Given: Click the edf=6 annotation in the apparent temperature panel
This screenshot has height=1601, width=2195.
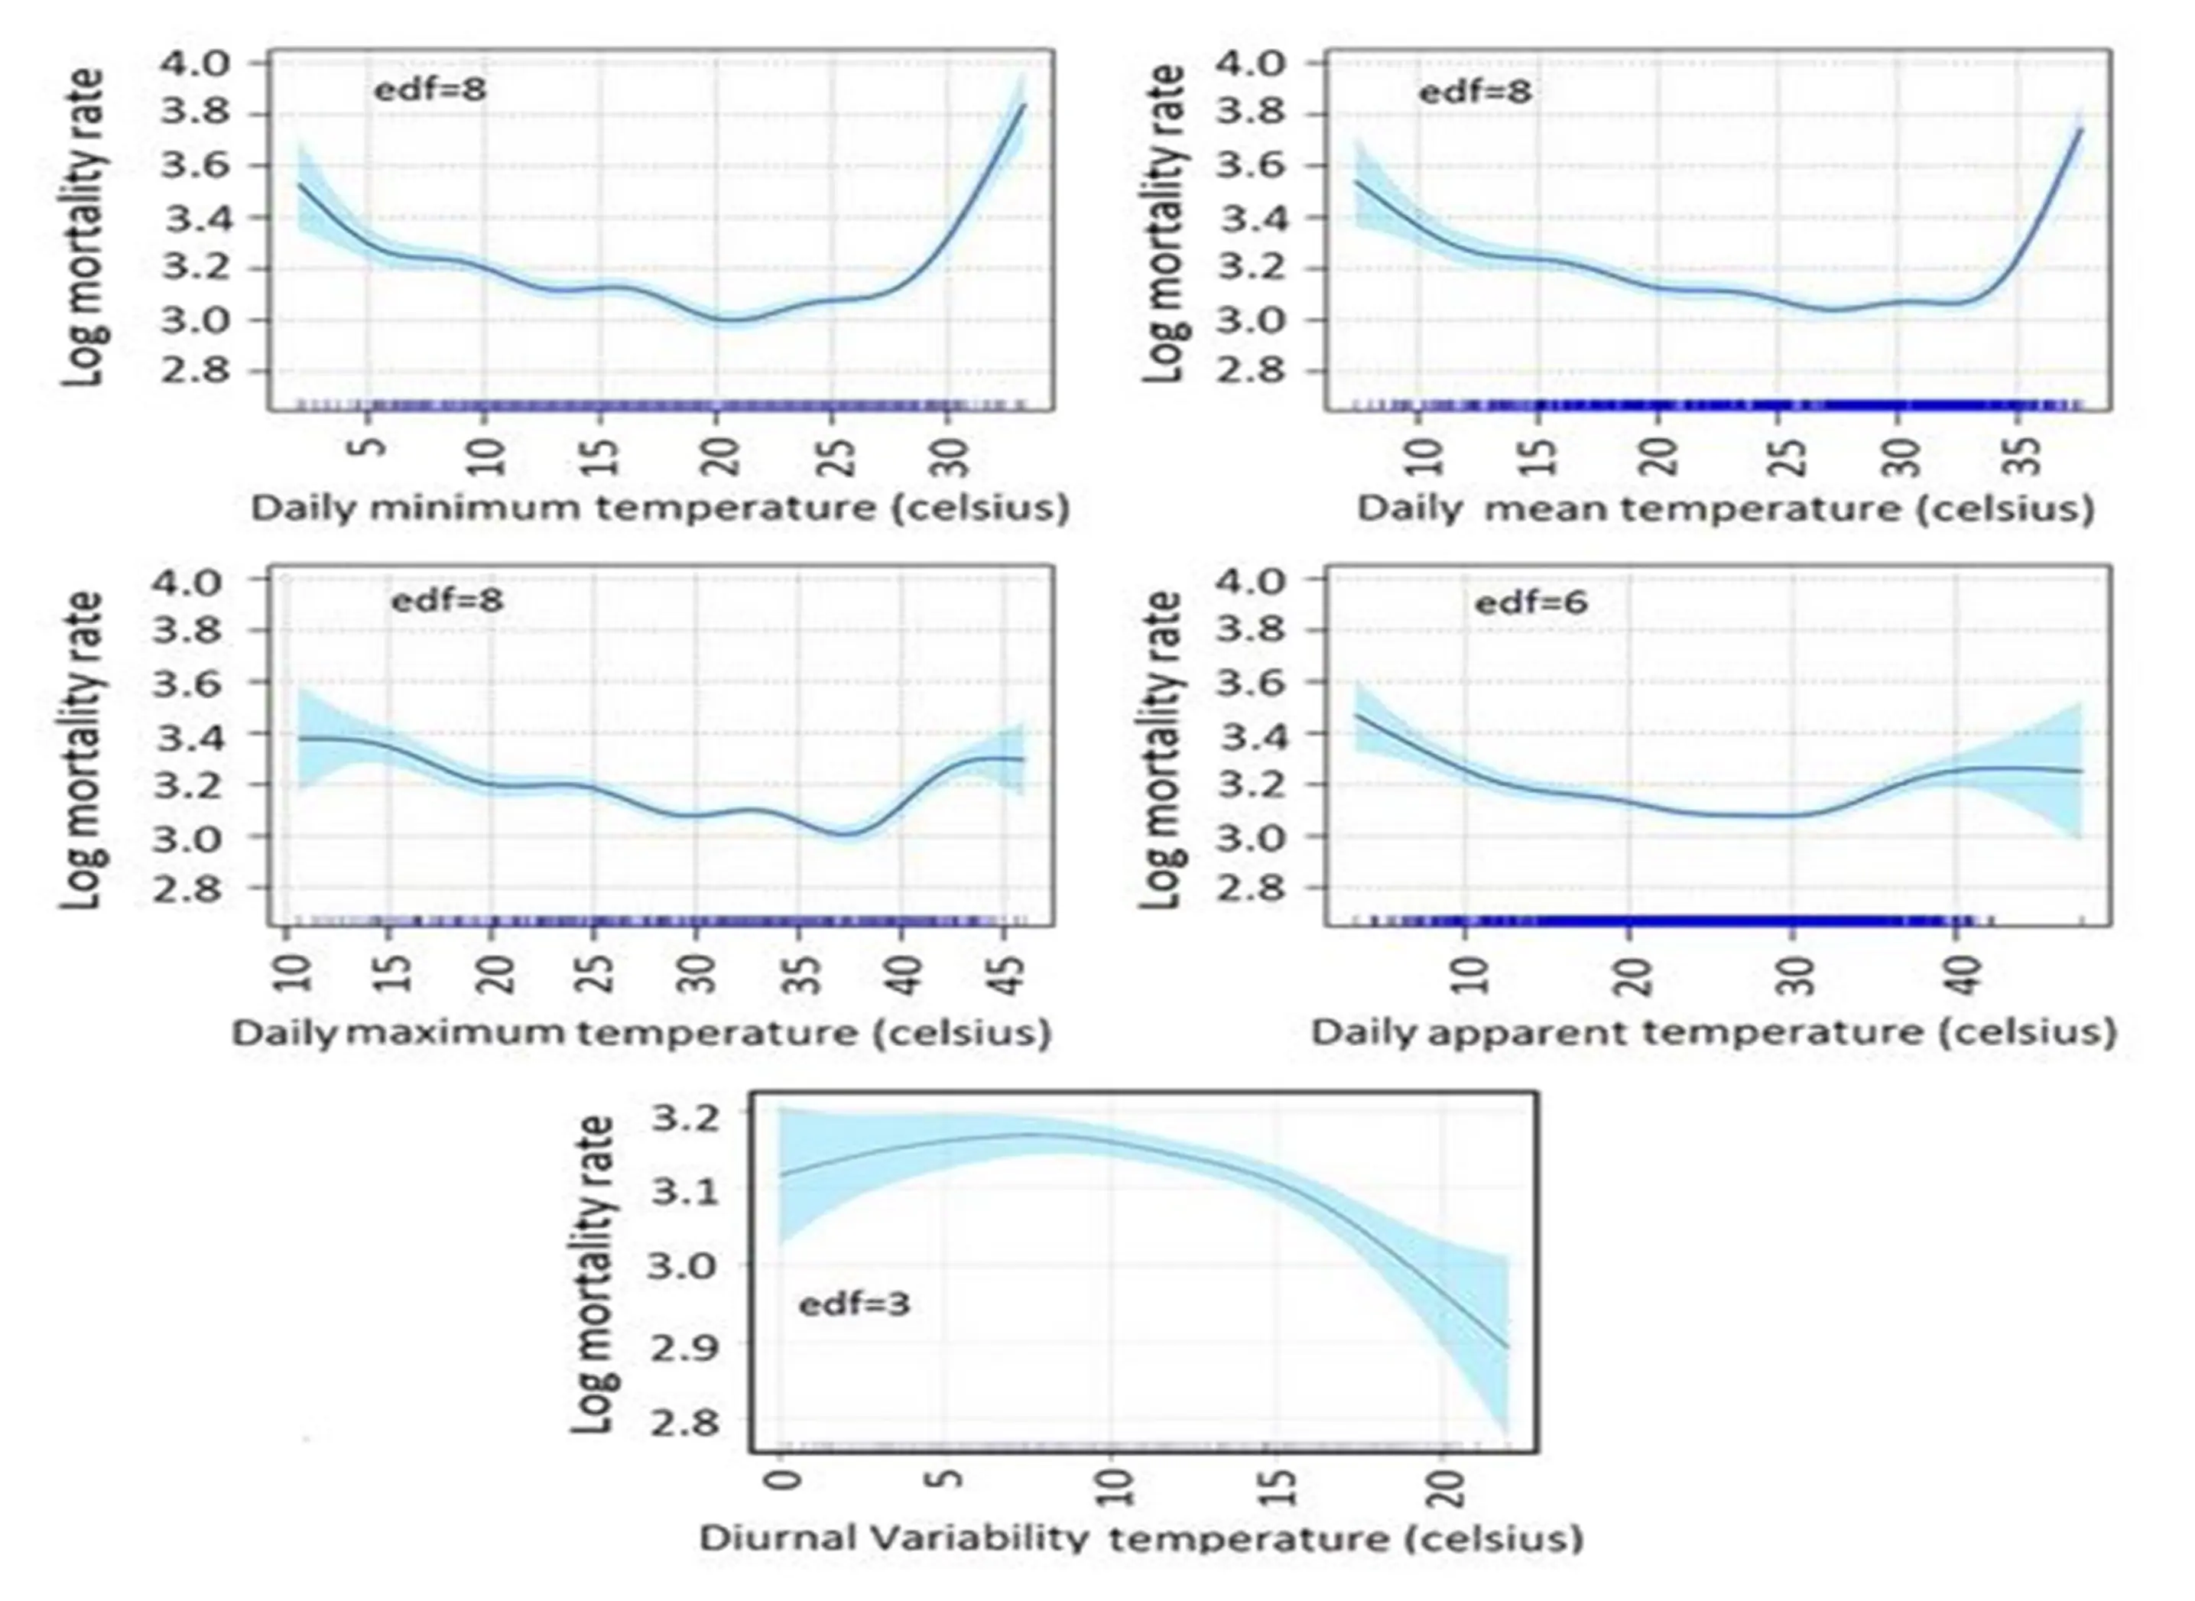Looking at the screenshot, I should (1531, 602).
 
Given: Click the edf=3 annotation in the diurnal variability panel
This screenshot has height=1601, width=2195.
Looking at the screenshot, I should (854, 1304).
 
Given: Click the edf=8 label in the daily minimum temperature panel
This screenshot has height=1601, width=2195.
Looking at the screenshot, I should (430, 90).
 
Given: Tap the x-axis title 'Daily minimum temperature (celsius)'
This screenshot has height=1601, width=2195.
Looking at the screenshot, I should (660, 508).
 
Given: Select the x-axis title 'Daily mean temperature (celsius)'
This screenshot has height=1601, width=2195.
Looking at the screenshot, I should (1725, 508).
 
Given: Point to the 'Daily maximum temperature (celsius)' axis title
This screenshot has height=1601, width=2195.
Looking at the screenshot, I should (641, 1031).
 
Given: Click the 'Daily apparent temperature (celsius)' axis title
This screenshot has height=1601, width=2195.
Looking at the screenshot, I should (1713, 1031).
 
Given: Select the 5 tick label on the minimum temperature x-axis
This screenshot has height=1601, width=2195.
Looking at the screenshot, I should (367, 448).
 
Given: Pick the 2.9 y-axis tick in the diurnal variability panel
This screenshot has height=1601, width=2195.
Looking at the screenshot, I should (684, 1344).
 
